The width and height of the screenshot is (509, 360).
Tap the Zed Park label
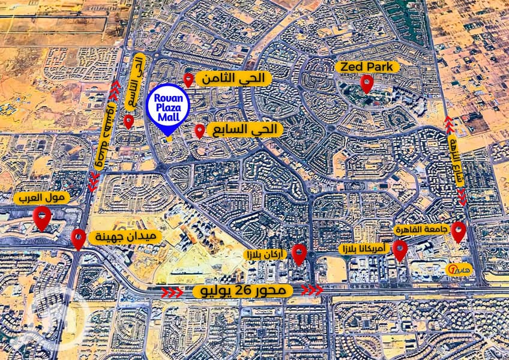pyautogui.click(x=368, y=67)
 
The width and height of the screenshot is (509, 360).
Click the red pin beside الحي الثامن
pyautogui.click(x=188, y=79)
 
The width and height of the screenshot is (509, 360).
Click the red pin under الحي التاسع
pyautogui.click(x=128, y=121)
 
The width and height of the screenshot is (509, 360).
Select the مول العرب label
pyautogui.click(x=42, y=197)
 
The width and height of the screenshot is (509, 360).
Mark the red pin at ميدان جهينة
pyautogui.click(x=78, y=238)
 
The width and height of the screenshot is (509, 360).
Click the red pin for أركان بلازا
pyautogui.click(x=299, y=254)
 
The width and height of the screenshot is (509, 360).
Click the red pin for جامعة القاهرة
pyautogui.click(x=459, y=231)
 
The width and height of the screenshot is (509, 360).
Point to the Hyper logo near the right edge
pyautogui.click(x=461, y=266)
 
